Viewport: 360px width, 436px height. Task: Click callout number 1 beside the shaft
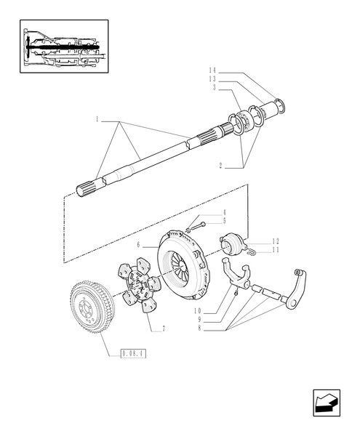[97, 118]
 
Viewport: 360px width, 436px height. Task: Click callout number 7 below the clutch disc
[164, 329]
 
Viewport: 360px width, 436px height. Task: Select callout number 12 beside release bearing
[276, 241]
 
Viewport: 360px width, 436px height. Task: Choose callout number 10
[198, 311]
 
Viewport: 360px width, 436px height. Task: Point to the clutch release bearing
[234, 245]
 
